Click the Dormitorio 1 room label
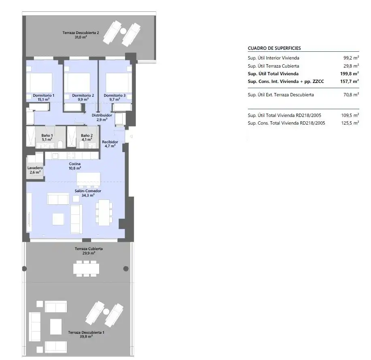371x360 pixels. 43,95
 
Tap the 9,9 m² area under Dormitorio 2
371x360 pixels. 83,100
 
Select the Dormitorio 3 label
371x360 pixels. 115,95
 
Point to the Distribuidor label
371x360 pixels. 102,115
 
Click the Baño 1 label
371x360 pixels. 47,136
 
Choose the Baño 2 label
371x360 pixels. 87,136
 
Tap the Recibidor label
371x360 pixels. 110,142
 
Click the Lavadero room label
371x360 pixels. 35,168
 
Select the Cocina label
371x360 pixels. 75,164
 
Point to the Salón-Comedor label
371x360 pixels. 88,191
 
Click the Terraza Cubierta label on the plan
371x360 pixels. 89,249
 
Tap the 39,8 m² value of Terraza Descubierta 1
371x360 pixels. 86,337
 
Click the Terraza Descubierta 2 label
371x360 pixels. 81,33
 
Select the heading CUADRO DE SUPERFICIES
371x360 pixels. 274,48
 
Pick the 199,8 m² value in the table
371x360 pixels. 350,74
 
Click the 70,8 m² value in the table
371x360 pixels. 351,95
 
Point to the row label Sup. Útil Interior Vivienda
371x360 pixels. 273,58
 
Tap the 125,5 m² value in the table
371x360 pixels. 350,123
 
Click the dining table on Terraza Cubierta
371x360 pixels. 86,269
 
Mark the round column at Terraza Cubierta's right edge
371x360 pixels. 126,269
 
